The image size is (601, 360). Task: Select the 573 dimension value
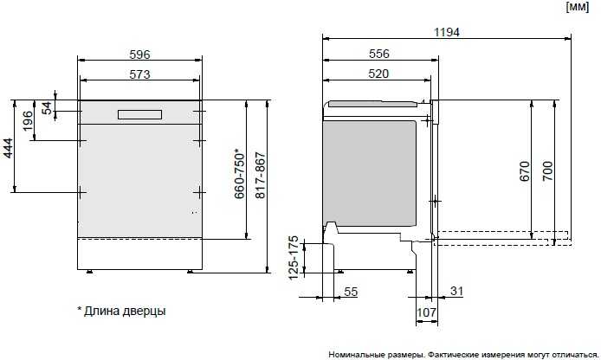point(140,74)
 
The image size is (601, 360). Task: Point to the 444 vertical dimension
point(9,148)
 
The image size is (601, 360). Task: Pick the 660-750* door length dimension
point(240,177)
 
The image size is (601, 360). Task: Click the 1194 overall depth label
point(446,32)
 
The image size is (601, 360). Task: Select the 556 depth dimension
point(378,54)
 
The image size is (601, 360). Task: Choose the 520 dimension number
point(378,74)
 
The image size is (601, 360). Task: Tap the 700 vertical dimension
point(546,171)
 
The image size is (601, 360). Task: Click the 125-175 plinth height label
point(294,258)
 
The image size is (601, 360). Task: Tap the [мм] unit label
point(578,7)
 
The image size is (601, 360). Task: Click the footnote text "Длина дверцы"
point(125,310)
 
